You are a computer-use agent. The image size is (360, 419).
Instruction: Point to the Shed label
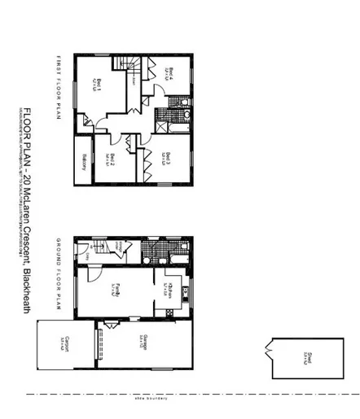(x=305, y=355)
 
